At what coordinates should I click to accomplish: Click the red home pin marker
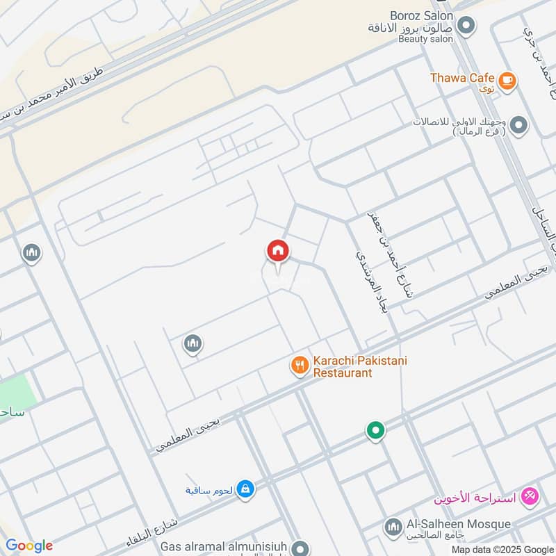click(277, 252)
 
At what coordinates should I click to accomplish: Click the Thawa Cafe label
click(461, 78)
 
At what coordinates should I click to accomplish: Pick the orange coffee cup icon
click(507, 81)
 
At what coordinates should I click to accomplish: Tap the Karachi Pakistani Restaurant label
click(359, 366)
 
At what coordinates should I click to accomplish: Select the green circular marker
click(376, 432)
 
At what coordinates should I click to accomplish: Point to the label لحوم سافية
click(208, 490)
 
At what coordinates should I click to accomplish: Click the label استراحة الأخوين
click(475, 498)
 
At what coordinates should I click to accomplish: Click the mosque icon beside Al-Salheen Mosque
click(393, 526)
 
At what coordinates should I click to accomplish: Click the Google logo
click(29, 546)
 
